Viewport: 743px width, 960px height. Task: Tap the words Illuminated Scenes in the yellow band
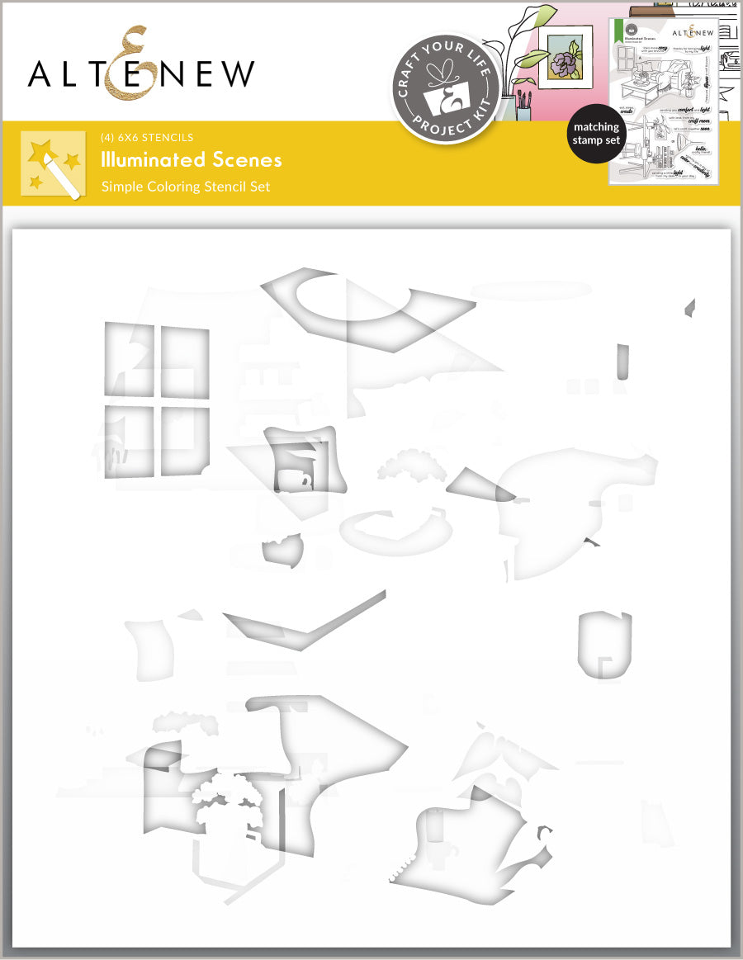click(x=192, y=159)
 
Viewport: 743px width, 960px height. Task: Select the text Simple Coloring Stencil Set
click(x=186, y=187)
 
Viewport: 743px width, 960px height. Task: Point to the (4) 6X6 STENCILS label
click(x=147, y=137)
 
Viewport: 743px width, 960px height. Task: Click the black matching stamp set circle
click(x=596, y=134)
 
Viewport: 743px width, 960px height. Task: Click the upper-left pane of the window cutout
click(x=130, y=358)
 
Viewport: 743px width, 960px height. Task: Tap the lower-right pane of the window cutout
click(x=184, y=441)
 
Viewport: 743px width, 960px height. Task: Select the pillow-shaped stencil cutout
click(x=299, y=459)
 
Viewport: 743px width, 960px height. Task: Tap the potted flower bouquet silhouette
click(x=227, y=805)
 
